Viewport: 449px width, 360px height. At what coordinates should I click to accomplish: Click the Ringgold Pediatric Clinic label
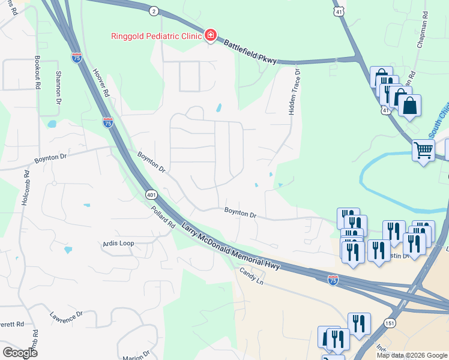click(156, 35)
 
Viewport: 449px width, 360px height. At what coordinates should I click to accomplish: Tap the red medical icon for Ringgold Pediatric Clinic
click(210, 35)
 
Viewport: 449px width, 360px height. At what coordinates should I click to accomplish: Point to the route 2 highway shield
click(154, 11)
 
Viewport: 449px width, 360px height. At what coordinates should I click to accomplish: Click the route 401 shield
click(151, 194)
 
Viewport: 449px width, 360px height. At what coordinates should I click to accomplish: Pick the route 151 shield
click(391, 323)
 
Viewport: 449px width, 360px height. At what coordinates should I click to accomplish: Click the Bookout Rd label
click(37, 73)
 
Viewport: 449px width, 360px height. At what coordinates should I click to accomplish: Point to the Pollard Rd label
click(163, 216)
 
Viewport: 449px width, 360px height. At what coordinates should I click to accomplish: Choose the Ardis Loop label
click(118, 244)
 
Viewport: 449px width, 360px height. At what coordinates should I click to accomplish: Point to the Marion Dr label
click(135, 358)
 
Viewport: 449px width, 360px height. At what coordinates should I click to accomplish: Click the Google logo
click(20, 352)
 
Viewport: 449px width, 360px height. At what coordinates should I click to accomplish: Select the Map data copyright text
click(411, 355)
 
